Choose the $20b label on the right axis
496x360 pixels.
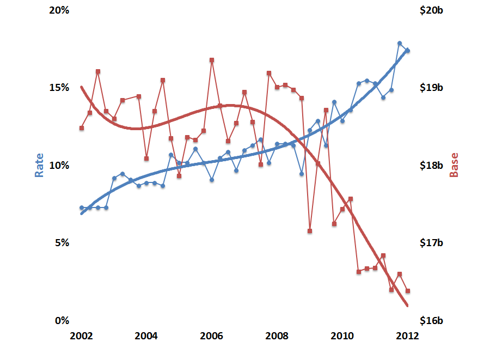433,10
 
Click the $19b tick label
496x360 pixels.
433,88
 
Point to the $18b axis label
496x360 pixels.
433,165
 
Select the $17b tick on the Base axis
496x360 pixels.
433,243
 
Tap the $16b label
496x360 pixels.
433,320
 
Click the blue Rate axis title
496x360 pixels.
40,164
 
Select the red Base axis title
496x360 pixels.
454,164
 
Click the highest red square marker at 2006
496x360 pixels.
212,60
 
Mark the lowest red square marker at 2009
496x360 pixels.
310,231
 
